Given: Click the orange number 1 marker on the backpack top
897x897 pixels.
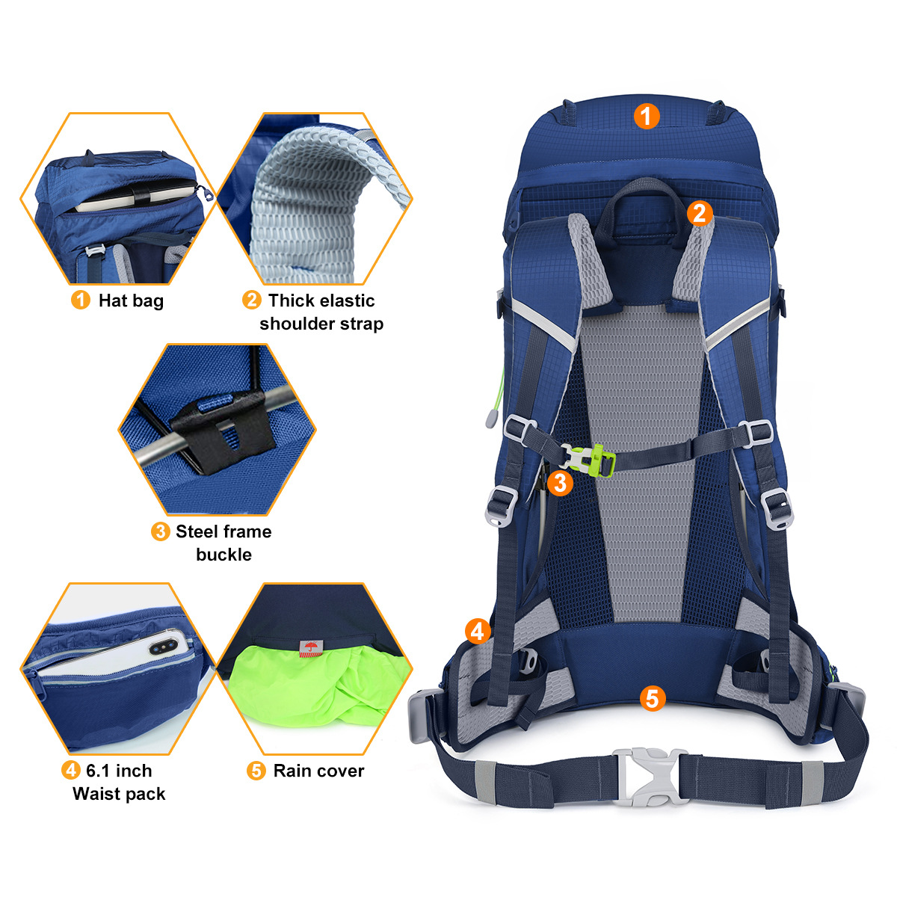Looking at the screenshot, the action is click(x=647, y=116).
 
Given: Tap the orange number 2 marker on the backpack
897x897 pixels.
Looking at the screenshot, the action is click(x=700, y=213).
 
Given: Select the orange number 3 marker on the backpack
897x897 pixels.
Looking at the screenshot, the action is click(x=560, y=483).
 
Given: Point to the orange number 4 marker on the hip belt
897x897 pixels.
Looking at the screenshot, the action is click(x=478, y=632).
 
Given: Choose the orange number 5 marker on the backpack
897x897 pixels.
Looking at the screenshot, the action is click(x=653, y=699).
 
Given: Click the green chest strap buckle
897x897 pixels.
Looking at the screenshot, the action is click(x=591, y=460).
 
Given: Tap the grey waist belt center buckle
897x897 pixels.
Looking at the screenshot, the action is click(x=651, y=777).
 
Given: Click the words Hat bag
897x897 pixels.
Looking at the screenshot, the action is click(x=132, y=300).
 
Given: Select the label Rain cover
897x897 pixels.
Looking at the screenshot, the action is click(x=319, y=771).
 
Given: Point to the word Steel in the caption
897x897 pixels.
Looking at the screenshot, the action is click(x=197, y=531).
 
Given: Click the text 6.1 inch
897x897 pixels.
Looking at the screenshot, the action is click(x=119, y=771).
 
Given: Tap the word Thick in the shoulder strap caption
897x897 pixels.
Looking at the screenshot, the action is click(x=289, y=300).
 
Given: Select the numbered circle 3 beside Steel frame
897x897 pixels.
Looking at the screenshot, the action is click(x=161, y=531).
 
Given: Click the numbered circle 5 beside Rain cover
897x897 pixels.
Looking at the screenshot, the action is click(x=256, y=771).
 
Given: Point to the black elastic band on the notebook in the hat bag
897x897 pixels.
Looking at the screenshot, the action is click(x=141, y=195).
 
